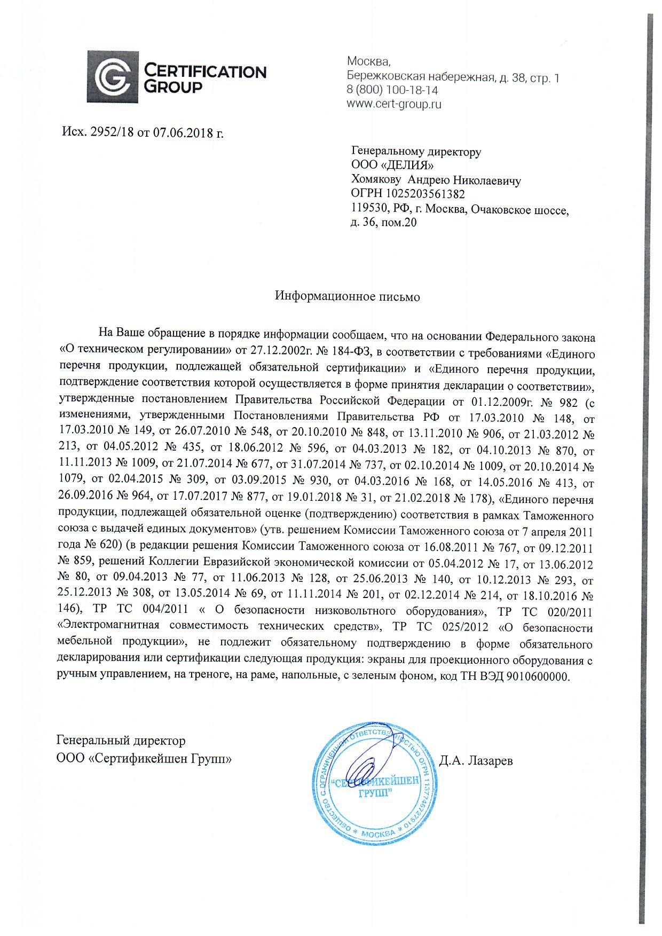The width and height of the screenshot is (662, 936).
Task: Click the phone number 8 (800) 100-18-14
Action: click(x=392, y=91)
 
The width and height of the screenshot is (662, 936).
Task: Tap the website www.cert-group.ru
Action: click(x=394, y=104)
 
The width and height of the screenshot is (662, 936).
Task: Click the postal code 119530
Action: click(x=368, y=209)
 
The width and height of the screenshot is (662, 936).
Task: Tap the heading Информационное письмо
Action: click(x=347, y=296)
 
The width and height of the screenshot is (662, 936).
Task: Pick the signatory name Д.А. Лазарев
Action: click(x=476, y=760)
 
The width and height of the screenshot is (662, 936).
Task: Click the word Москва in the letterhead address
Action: click(x=365, y=62)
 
